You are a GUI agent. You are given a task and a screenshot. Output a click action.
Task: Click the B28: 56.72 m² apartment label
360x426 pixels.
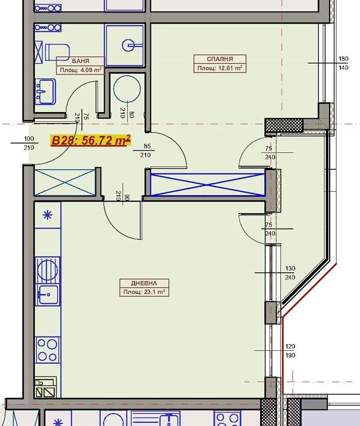(x=91, y=140)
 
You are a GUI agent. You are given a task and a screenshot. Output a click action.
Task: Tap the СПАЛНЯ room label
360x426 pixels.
(x=220, y=59)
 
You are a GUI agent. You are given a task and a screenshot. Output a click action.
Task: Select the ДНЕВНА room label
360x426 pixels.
(x=144, y=283)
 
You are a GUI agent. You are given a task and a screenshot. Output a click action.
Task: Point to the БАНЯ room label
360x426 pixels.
(x=81, y=61)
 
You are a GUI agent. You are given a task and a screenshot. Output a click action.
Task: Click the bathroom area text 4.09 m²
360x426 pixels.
(x=88, y=70)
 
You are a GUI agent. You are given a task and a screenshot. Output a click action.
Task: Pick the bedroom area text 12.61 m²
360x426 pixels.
(x=230, y=68)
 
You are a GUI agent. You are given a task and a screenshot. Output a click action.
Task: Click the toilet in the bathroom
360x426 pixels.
(x=57, y=51)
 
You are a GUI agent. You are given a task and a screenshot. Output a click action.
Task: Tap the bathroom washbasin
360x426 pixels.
(x=45, y=91)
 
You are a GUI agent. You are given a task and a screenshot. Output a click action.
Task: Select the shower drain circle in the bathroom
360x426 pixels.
(x=128, y=45)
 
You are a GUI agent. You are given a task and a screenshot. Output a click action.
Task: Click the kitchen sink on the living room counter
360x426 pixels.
(x=47, y=294)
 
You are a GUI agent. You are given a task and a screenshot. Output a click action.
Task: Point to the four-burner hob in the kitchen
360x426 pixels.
(x=47, y=350)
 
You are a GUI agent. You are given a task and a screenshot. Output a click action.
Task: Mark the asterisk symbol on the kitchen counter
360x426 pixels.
(x=47, y=216)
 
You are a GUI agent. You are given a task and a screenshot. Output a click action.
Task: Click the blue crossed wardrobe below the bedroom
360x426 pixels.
(x=207, y=185)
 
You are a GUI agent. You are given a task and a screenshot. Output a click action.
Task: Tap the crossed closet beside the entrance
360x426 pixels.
(x=65, y=182)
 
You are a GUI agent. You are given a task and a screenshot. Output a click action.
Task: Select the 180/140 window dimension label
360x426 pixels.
(x=344, y=63)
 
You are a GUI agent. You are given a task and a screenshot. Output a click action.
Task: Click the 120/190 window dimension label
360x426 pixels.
(x=290, y=351)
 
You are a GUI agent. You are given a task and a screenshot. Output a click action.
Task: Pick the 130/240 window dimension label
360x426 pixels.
(x=290, y=273)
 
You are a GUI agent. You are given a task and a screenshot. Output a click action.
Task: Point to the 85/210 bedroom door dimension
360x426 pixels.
(x=146, y=151)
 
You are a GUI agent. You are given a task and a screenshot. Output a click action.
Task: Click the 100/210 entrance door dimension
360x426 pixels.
(x=29, y=143)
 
